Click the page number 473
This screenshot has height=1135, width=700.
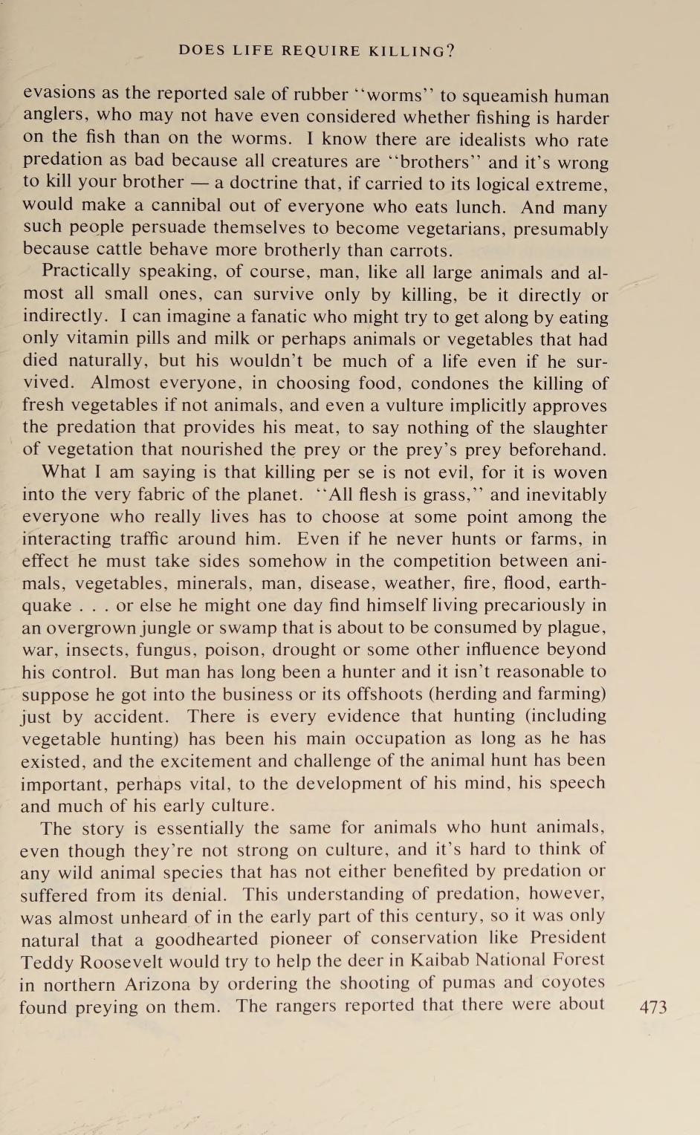coord(653,1007)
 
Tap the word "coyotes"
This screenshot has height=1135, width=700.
coord(571,983)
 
